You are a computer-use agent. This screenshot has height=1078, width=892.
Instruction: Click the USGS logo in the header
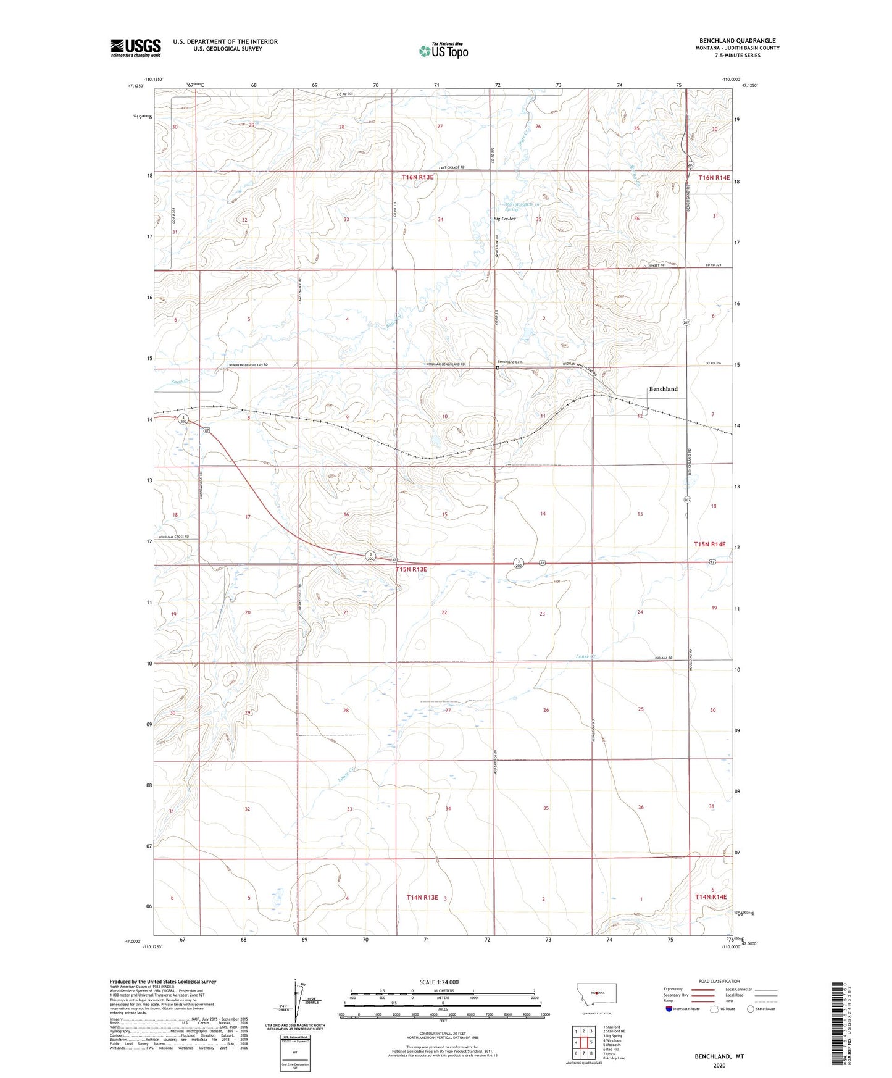(136, 47)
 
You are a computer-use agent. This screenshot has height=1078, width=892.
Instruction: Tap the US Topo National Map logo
(443, 51)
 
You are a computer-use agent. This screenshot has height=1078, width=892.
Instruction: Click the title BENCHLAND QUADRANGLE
(737, 40)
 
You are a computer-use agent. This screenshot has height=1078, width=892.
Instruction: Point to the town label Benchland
(663, 389)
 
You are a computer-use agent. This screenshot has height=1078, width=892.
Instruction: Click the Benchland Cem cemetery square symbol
(498, 368)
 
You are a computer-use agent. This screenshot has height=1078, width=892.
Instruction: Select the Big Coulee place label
(504, 219)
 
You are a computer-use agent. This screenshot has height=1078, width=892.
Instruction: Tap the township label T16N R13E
(418, 177)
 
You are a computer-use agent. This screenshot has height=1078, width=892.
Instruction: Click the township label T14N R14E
(711, 896)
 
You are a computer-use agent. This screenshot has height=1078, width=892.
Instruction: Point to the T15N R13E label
(411, 570)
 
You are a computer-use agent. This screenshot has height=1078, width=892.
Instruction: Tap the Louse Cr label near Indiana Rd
(585, 656)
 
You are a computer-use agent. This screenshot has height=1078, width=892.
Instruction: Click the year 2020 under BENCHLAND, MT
(719, 1065)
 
